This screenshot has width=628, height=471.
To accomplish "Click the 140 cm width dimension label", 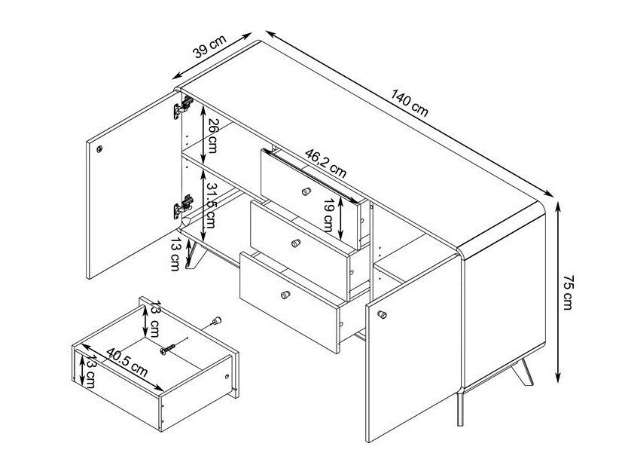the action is tap(410, 103).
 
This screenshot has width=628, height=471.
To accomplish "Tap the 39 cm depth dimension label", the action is tap(209, 46).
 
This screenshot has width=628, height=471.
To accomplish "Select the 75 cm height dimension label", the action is tap(569, 292).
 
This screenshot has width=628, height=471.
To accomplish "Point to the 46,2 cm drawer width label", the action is tap(325, 163).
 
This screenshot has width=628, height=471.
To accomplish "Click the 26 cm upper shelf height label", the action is tap(212, 136).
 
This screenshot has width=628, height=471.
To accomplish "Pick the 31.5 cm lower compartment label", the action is tap(210, 205).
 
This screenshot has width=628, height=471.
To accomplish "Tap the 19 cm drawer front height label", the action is tap(329, 216).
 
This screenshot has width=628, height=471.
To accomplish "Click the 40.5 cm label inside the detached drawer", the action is tap(127, 362).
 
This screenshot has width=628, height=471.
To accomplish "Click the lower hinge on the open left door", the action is tap(183, 206).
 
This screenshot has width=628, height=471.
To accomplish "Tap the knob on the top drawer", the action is tap(306, 191).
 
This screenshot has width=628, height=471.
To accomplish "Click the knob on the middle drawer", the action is tap(296, 243).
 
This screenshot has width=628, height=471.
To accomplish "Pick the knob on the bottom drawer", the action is tap(285, 295).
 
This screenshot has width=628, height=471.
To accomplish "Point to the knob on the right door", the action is tap(382, 314).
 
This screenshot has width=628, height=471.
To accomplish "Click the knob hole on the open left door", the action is tap(99, 149).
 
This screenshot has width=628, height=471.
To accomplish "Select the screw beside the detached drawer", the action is tap(170, 348).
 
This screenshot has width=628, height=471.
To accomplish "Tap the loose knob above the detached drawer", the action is tap(216, 321).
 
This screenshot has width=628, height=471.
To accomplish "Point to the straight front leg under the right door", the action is tap(460, 409).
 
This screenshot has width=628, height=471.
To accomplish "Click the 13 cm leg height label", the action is tap(175, 254).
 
